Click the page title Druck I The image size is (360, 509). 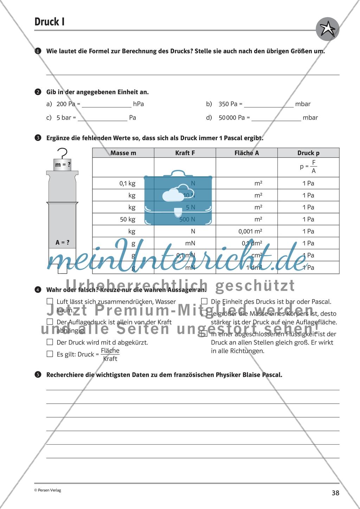[50, 22]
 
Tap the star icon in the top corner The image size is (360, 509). [328, 28]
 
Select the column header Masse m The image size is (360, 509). [123, 153]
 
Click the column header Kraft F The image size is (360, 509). [185, 153]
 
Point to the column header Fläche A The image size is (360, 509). [246, 153]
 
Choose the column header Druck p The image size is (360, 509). [308, 153]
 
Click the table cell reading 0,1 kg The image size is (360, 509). [127, 183]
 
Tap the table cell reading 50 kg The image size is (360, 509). [128, 219]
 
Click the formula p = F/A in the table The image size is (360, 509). [308, 167]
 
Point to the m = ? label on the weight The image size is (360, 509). [63, 164]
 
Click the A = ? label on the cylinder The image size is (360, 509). [63, 242]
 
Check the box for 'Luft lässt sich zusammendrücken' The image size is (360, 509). [50, 302]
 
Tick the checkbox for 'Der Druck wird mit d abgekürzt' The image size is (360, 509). [50, 342]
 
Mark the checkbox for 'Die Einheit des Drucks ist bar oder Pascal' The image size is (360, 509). [204, 301]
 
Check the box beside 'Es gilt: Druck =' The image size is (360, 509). [50, 354]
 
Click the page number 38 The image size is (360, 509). [335, 493]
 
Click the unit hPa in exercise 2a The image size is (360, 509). [139, 104]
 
